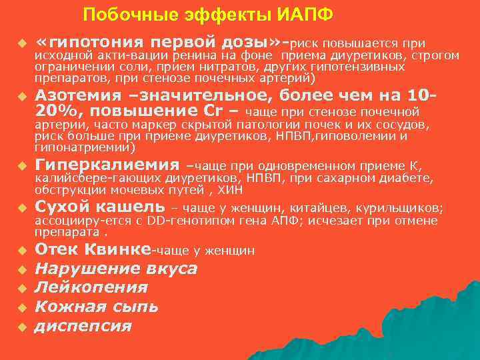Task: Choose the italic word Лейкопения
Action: [91, 288]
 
